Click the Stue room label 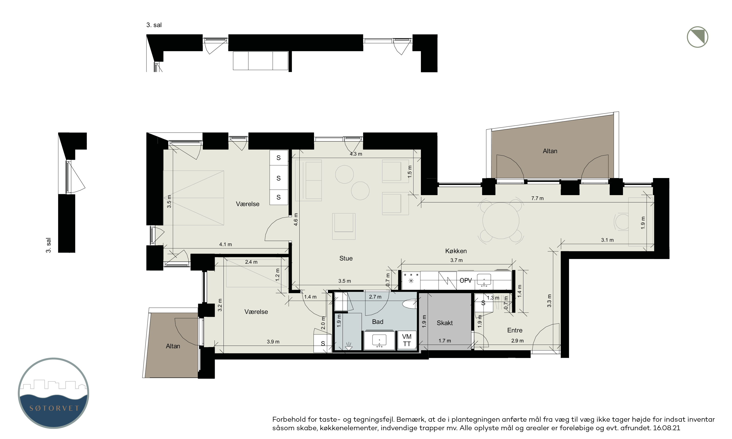[346, 258]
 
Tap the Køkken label [456, 251]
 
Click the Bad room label [377, 321]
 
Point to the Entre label [515, 330]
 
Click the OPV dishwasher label [465, 280]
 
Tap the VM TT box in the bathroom [407, 340]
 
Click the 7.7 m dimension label [537, 198]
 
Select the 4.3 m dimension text [356, 154]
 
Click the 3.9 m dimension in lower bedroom [273, 342]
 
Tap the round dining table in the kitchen [501, 220]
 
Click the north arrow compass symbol [697, 37]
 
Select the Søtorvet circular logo [53, 393]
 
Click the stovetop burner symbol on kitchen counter [411, 280]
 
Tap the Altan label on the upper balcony [550, 151]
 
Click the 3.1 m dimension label [607, 240]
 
